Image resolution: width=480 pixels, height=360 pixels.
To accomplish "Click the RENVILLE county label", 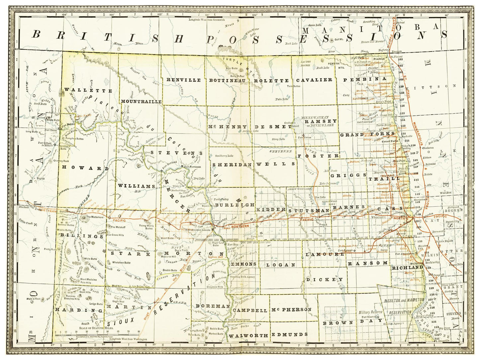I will (184, 80).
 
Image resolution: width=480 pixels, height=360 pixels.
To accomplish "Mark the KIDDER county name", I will (271, 210).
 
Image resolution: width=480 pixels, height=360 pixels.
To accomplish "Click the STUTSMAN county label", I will (308, 211).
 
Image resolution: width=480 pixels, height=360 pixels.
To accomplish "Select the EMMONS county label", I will (244, 264).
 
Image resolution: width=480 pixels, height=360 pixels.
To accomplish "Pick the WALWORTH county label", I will (248, 335).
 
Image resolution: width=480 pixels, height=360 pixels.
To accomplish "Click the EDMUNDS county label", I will (289, 334).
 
